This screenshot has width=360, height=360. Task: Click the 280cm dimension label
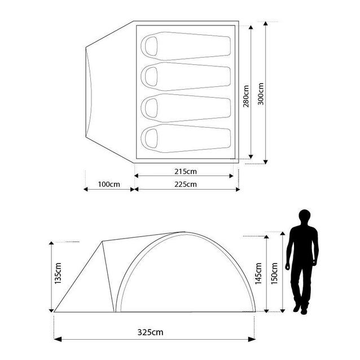pyautogui.click(x=246, y=96)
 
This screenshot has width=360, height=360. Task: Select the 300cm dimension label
pyautogui.click(x=261, y=94)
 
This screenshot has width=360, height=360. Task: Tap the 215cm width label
pyautogui.click(x=186, y=172)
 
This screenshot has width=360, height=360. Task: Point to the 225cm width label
pyautogui.click(x=186, y=185)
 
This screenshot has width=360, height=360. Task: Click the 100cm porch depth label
pyautogui.click(x=109, y=185)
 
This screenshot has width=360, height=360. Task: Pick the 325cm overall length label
pyautogui.click(x=151, y=332)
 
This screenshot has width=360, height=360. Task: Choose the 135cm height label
pyautogui.click(x=58, y=273)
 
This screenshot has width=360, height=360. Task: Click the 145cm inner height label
pyautogui.click(x=258, y=274)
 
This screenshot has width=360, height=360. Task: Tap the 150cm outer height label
pyautogui.click(x=274, y=274)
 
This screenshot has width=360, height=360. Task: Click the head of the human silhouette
pyautogui.click(x=305, y=217)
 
